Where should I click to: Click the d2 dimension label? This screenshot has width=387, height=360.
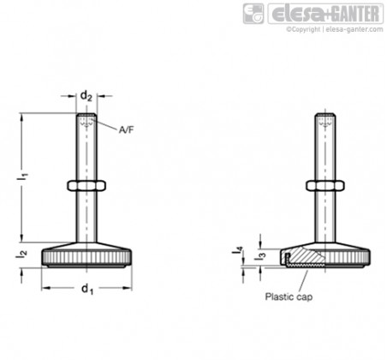pyautogui.click(x=86, y=96)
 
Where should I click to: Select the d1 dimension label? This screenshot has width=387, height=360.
pyautogui.click(x=87, y=289)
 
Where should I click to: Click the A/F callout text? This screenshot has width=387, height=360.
pyautogui.click(x=127, y=130)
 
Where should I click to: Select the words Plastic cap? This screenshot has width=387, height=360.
pyautogui.click(x=289, y=297)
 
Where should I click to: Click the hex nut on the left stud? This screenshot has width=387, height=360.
pyautogui.click(x=86, y=186)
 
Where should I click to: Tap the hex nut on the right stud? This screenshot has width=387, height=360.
pyautogui.click(x=325, y=186)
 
